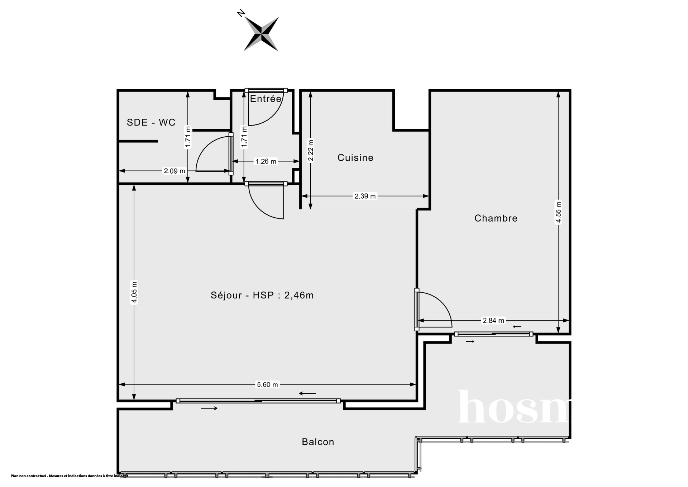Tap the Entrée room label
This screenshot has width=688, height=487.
266,99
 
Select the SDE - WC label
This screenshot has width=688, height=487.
151,122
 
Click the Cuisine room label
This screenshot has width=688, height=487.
355,157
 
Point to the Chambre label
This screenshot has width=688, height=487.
496,218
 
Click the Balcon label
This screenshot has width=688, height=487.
318,442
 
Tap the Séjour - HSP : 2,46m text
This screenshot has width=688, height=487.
262,295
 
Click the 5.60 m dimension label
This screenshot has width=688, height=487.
267,384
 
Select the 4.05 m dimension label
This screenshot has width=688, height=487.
134,292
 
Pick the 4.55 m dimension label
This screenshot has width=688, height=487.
558,212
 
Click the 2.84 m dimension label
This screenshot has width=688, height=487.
493,321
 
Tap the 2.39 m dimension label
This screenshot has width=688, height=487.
365,196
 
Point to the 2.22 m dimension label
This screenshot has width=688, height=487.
311,151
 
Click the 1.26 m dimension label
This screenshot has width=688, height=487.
266,161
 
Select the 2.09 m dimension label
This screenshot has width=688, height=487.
175,171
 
